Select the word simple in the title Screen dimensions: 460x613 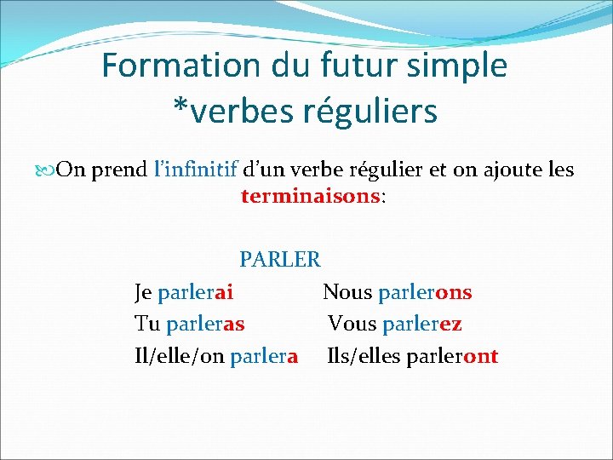pos(465,66)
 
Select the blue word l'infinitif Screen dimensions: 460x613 pos(195,170)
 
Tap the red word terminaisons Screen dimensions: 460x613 pos(312,197)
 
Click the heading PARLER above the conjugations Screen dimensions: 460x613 pos(279,258)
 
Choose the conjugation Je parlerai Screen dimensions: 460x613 pos(184,292)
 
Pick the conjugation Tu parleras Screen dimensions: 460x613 pos(190,324)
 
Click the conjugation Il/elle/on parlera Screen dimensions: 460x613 pos(216,356)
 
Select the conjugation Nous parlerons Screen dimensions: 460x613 pos(397,292)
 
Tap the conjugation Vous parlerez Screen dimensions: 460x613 pos(395,324)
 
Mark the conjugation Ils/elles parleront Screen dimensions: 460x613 pos(413,356)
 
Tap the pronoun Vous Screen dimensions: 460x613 pos(352,324)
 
